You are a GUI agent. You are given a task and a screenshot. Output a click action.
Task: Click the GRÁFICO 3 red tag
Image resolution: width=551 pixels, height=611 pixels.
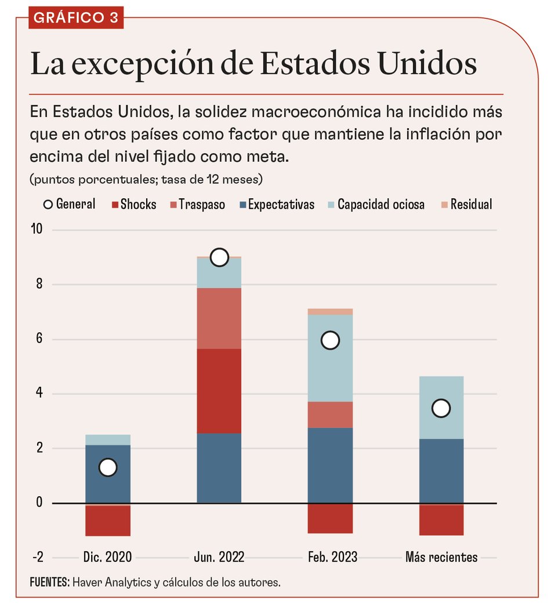pos(76,17)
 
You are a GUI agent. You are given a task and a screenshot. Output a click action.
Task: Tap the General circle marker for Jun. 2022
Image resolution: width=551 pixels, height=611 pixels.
pos(219,257)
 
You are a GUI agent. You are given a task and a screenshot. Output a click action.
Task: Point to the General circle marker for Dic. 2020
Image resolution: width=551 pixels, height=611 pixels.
pos(108,467)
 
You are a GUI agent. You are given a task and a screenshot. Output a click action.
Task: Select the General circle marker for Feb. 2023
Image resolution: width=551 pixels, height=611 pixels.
pos(330,340)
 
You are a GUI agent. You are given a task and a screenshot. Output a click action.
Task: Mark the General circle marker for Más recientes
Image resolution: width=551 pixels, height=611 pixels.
pos(441,408)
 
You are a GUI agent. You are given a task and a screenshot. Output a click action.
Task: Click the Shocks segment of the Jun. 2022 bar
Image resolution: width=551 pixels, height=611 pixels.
pos(219,391)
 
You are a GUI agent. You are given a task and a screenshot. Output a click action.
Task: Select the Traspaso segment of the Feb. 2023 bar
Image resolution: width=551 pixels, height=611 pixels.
pos(330,414)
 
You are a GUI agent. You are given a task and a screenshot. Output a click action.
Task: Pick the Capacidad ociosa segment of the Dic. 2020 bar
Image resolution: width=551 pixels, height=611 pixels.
pos(108,440)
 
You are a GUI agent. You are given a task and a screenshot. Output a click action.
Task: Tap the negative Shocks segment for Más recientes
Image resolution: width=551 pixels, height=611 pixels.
pos(441,520)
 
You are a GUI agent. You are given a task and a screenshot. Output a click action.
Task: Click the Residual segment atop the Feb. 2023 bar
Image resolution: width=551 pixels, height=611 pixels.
pos(330,312)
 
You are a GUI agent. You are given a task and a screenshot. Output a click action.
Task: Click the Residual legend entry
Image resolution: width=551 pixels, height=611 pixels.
pos(466,205)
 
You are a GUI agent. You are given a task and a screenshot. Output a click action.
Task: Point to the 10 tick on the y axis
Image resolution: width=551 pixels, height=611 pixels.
pos(38,230)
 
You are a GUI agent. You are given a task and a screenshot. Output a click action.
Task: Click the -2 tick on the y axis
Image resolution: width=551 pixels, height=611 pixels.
pos(38,558)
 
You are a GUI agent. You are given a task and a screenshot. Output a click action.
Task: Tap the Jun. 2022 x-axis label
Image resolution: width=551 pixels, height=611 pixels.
pos(219,558)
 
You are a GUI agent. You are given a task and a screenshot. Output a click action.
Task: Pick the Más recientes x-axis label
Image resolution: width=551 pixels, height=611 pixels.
pos(441,558)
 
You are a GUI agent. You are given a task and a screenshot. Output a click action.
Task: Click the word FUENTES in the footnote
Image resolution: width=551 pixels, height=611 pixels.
pos(50,582)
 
